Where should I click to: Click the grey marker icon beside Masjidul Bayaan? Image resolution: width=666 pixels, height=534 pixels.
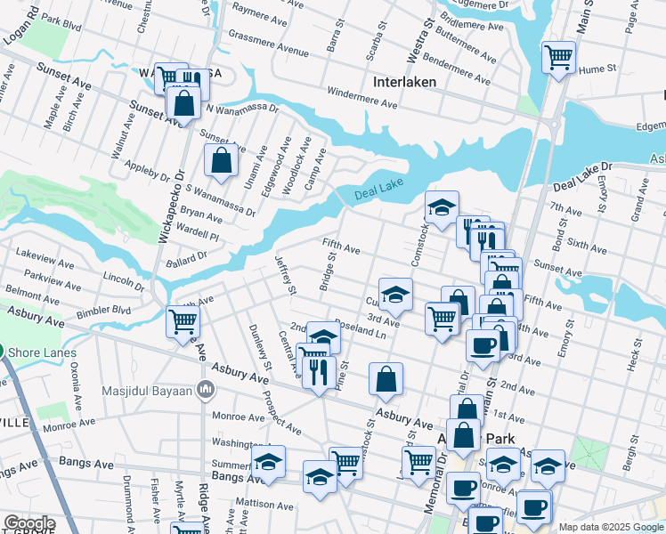[x=207, y=389]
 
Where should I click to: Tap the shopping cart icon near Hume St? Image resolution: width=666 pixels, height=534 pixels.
[x=558, y=58]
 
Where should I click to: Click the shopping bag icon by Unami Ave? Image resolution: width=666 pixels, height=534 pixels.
[x=221, y=161]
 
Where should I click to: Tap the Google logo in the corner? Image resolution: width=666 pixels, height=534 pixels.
[x=28, y=523]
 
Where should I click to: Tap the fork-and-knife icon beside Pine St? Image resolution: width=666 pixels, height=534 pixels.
[x=319, y=372]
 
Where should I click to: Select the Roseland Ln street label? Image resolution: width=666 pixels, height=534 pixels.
[x=361, y=333]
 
